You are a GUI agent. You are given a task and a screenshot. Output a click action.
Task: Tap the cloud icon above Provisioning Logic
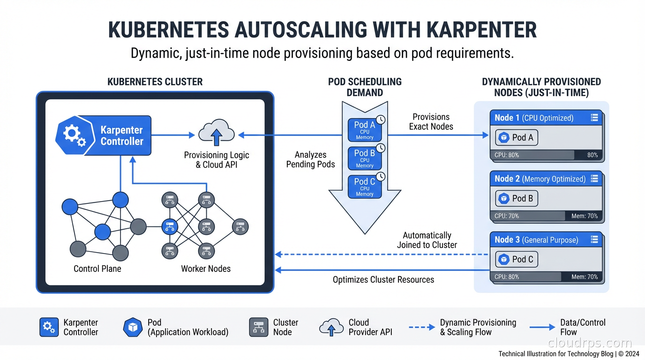pos(216,133)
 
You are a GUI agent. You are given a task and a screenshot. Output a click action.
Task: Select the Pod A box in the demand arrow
pos(365,130)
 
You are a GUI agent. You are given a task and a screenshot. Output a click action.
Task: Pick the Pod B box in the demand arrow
pos(365,158)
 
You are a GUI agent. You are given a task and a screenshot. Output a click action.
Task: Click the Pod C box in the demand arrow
pos(365,187)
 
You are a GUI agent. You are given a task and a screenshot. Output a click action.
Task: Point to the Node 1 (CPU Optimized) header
pos(546,118)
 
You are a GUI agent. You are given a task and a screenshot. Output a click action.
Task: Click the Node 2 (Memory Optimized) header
pos(546,179)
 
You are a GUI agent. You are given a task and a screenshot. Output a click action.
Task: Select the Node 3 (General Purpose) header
pos(546,240)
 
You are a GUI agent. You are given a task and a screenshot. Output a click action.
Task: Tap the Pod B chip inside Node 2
pos(517,198)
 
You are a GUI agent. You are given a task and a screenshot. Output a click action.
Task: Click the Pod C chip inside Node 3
pos(517,259)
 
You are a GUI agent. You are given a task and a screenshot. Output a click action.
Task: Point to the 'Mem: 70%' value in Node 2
pos(585,216)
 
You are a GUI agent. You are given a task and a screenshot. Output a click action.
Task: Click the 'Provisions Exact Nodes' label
pos(431,121)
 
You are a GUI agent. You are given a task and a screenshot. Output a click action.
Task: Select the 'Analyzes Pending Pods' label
pos(310,159)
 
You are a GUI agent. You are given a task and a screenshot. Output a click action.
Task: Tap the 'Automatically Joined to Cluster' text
pos(427,240)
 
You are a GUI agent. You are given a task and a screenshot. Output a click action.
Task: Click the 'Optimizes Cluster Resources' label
pos(383,280)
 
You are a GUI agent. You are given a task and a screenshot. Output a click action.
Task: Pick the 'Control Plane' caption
pos(97,269)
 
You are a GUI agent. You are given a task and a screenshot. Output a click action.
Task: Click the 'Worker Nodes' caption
pos(206,269)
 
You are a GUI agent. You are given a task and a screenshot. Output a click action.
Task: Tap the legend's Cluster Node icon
pos(258,327)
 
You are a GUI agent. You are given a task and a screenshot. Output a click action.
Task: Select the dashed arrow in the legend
pos(421,327)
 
